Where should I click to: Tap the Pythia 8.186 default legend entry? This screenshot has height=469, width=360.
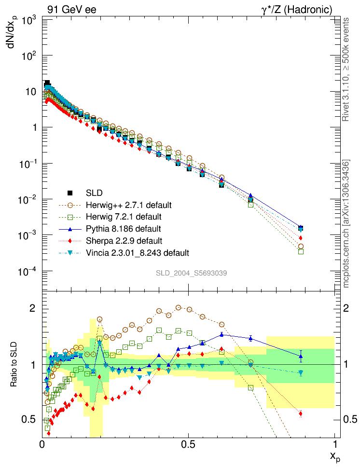[123, 228]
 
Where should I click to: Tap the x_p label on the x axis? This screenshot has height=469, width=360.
[334, 457]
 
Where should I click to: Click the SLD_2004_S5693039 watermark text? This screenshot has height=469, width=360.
[191, 273]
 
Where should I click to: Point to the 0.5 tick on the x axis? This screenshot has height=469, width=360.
[189, 443]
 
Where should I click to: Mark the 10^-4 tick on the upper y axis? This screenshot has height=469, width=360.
[30, 272]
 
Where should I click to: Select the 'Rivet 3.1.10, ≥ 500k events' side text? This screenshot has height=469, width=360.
[346, 69]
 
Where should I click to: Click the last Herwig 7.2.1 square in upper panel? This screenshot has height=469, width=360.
[301, 251]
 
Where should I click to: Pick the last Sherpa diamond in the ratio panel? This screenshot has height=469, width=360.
[301, 414]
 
